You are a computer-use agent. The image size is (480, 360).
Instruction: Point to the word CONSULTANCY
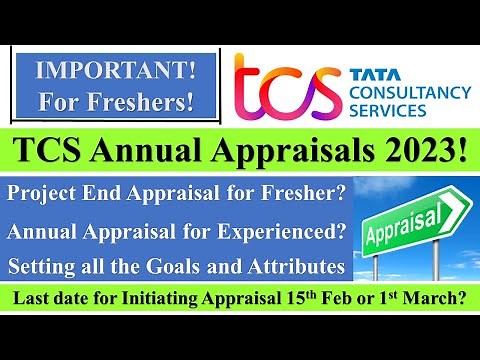(409, 91)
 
